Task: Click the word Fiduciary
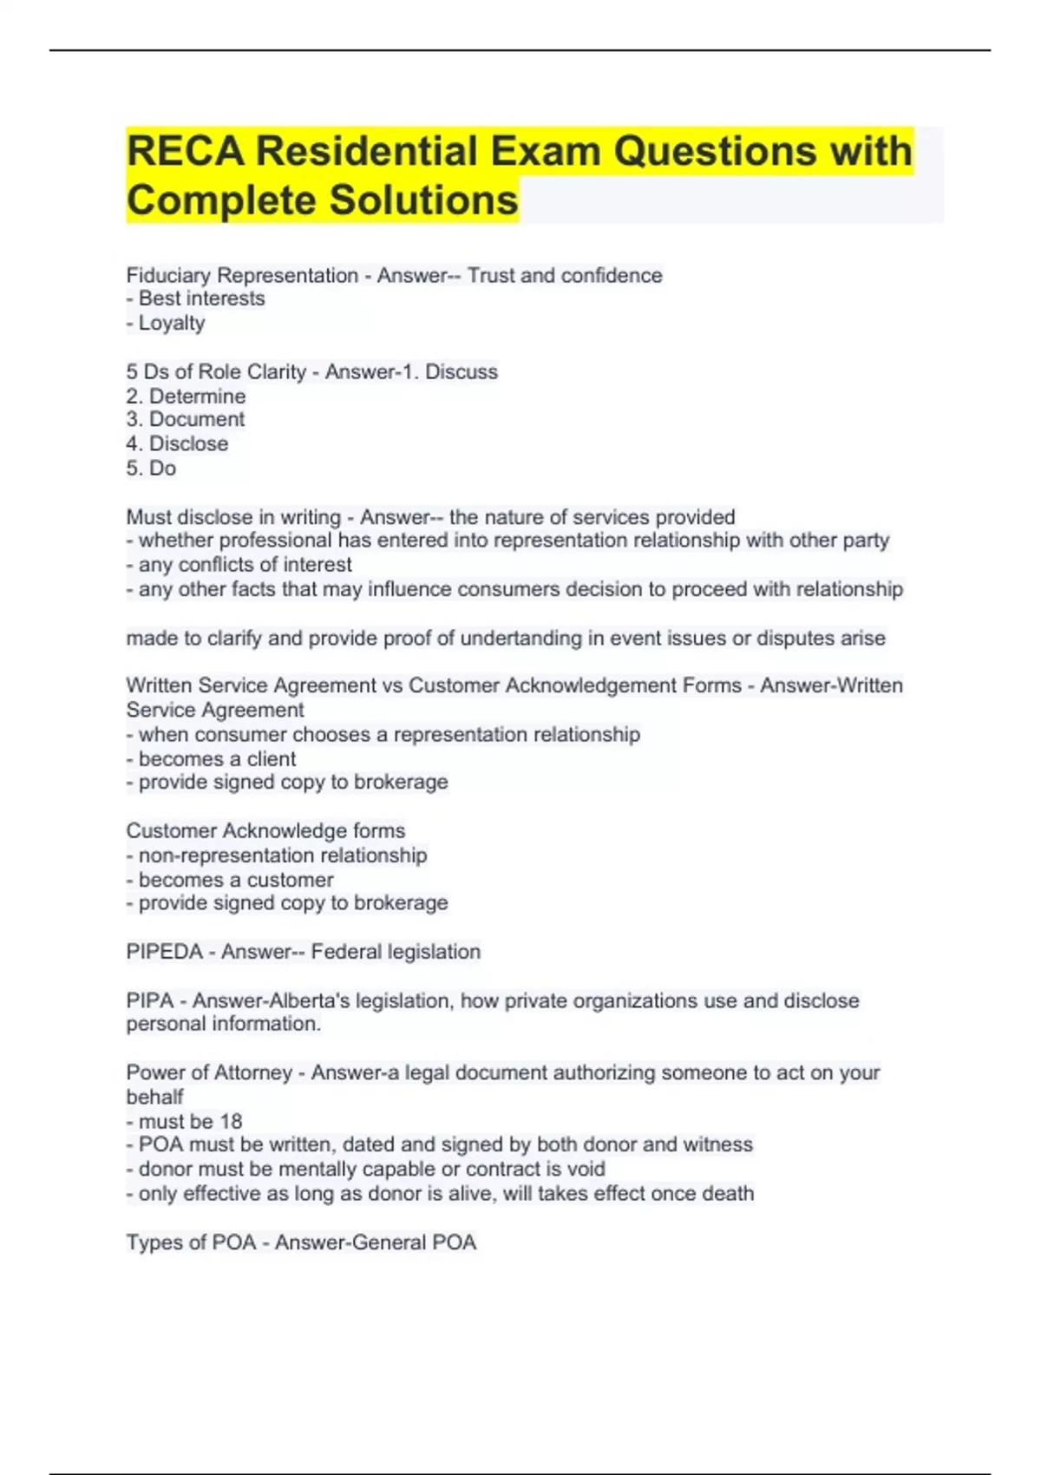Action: click(x=168, y=276)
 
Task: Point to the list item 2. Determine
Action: click(x=186, y=397)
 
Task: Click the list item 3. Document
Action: click(x=186, y=420)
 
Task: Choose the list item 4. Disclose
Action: click(x=177, y=444)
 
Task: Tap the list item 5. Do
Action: click(x=151, y=469)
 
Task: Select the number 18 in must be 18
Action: click(x=231, y=1122)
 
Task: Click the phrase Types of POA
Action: click(x=191, y=1243)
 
